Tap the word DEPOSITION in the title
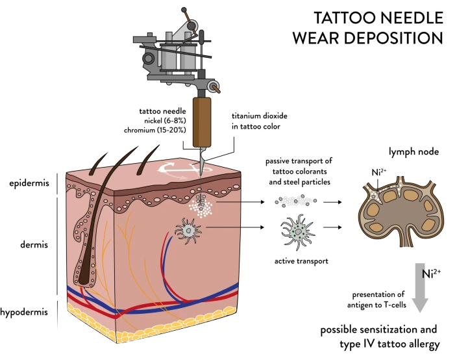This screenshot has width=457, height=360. point(393,38)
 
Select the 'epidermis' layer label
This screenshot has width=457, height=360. point(29,183)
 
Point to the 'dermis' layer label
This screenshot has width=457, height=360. point(34,244)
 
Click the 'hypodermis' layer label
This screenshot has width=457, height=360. point(24,312)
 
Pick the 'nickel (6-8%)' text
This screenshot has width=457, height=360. point(165,121)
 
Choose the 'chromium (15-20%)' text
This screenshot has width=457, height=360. point(155,130)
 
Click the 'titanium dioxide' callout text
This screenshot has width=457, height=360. point(260,116)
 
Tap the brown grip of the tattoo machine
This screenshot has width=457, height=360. point(202,122)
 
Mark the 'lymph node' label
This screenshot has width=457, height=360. point(414,151)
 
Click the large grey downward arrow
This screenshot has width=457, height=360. point(420,288)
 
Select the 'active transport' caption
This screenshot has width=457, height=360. point(301,261)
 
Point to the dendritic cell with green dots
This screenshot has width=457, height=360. point(298,232)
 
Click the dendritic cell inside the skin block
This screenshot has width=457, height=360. point(188,231)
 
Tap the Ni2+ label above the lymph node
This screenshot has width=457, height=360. point(378,172)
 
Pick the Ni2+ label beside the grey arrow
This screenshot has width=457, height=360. point(431,274)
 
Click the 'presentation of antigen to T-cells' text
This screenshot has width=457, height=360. point(377,300)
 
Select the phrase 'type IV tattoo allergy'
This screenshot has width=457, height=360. point(389,344)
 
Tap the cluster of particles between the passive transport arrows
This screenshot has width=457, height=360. point(296,201)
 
